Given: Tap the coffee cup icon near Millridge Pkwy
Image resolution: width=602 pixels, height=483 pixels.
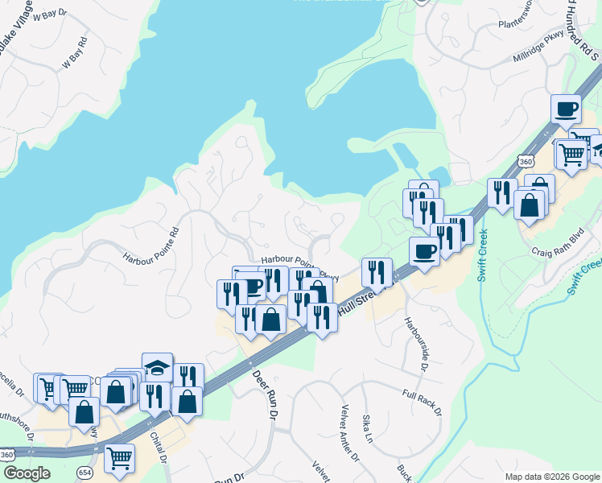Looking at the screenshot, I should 566,109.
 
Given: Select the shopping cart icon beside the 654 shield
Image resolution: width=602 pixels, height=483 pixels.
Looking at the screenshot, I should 119,458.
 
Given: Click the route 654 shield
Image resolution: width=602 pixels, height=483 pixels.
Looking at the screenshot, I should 85,471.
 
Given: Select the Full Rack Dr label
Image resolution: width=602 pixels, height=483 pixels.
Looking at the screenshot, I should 422,402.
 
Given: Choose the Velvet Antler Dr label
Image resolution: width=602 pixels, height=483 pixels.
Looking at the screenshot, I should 351,432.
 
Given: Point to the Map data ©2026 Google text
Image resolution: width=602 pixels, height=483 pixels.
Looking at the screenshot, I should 550,476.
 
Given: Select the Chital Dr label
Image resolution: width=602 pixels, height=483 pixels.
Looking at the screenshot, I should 158,448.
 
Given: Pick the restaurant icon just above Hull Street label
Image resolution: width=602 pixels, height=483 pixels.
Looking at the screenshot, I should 376,273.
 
